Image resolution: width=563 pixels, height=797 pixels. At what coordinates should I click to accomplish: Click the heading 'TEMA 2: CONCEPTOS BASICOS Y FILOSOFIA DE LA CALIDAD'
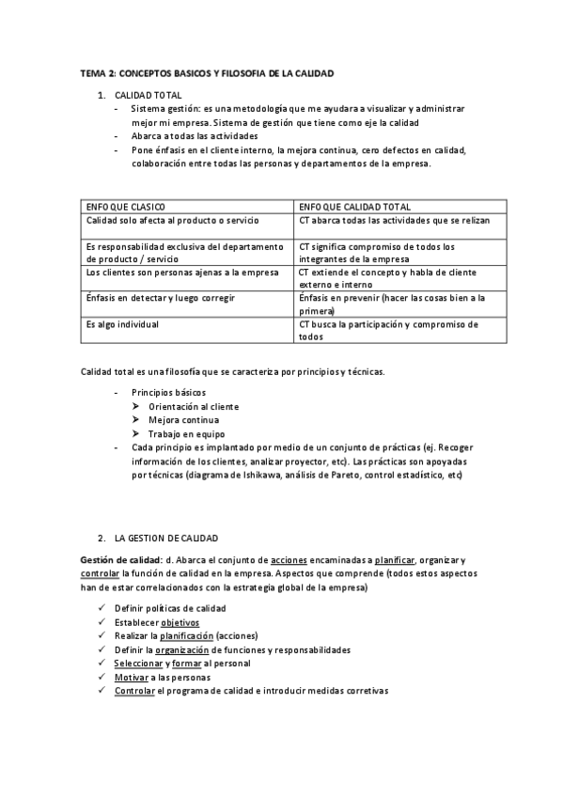click(207, 73)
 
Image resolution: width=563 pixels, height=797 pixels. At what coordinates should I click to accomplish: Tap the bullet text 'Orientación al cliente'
click(194, 407)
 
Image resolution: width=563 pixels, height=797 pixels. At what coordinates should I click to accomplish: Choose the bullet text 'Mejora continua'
click(183, 420)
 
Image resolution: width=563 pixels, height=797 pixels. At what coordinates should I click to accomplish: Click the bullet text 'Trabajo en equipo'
click(185, 433)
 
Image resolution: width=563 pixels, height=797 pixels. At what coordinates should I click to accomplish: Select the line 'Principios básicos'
click(169, 392)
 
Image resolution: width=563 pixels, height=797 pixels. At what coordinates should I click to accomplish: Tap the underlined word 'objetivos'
click(180, 622)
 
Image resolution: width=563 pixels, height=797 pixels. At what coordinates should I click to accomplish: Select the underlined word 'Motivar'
click(130, 677)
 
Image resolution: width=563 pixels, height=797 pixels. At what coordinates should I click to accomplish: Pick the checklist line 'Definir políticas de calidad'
click(170, 609)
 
